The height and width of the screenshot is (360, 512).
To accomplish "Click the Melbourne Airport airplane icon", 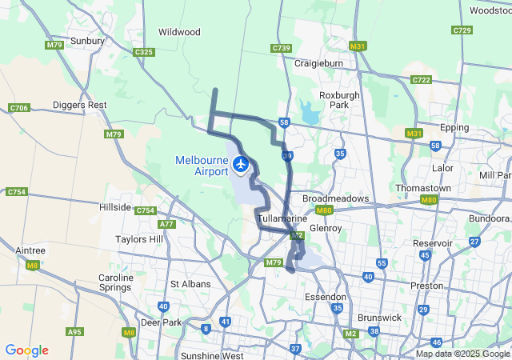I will [x=241, y=164].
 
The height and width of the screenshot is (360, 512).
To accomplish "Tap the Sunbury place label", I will [x=88, y=40].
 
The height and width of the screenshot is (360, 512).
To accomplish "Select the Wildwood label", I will [x=179, y=32].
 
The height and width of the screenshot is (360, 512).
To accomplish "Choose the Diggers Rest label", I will [x=79, y=105].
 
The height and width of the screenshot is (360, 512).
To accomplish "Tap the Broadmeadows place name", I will [x=335, y=198].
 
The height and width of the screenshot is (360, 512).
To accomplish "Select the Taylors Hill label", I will [x=139, y=239].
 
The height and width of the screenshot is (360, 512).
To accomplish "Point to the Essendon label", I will [x=326, y=297].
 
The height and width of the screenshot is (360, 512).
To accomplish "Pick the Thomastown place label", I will [x=422, y=188].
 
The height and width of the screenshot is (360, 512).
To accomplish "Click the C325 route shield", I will [x=144, y=52].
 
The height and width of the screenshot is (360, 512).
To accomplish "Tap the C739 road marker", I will [x=281, y=48].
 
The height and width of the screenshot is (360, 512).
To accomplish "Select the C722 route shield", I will [x=422, y=80].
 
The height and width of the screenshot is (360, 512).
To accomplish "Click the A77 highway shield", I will [x=167, y=225].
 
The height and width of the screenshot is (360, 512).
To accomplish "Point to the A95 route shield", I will [x=75, y=331].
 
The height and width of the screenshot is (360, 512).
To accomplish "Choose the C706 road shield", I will [x=18, y=108].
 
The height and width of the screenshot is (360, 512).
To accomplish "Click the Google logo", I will [x=26, y=350].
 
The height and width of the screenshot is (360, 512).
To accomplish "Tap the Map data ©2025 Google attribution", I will [x=463, y=354].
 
